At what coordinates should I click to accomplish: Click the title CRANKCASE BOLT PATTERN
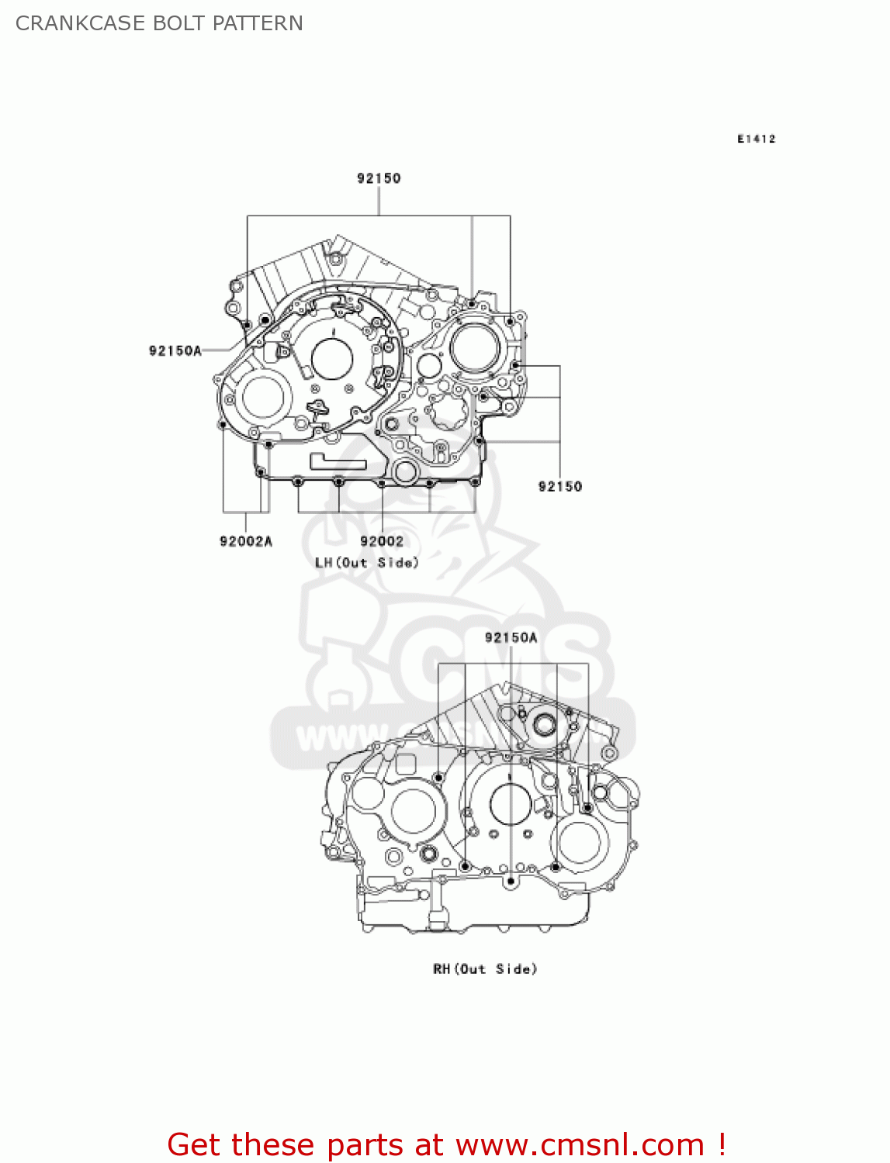tap(159, 23)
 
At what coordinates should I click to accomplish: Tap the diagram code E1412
tap(756, 139)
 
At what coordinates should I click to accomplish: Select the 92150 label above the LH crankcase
tap(379, 178)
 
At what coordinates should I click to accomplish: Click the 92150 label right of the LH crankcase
tap(559, 486)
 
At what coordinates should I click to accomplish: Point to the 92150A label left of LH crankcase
tap(175, 350)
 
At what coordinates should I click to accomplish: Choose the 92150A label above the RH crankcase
tap(511, 637)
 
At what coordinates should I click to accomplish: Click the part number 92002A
tap(246, 541)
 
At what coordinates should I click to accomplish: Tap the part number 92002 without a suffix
tap(382, 541)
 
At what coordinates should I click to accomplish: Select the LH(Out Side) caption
tap(367, 562)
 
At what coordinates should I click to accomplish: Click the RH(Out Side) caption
tap(485, 968)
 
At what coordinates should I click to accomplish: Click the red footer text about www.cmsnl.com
tap(446, 1144)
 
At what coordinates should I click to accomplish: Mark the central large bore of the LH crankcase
tap(332, 358)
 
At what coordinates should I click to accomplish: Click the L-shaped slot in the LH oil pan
tap(338, 462)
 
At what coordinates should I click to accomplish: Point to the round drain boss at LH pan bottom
tap(405, 471)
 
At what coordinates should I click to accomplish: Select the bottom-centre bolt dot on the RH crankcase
tap(511, 881)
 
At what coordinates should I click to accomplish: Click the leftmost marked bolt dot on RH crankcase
tap(438, 778)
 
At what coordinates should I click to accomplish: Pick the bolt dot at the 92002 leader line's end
tap(382, 483)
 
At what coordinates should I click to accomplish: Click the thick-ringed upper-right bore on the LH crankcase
tap(475, 347)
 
